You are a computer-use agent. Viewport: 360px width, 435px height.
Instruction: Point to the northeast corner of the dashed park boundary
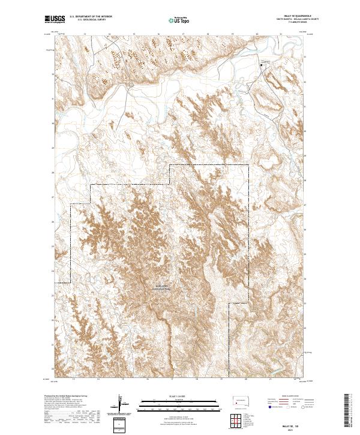tap(248, 164)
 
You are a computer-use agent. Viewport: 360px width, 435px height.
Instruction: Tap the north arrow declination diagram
tap(120, 403)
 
